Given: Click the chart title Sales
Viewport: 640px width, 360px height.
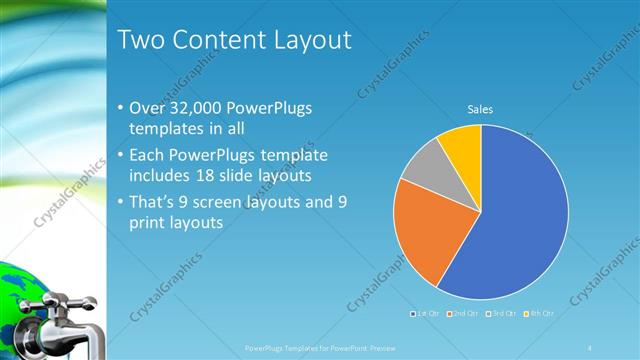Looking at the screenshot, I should (481, 110).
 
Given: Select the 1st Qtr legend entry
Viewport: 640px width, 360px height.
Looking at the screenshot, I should (424, 314).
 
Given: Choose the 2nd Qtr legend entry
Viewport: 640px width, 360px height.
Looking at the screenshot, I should (462, 314).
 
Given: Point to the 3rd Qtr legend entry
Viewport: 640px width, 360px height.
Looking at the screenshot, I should (500, 314).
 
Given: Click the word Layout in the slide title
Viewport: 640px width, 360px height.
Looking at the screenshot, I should (306, 41).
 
